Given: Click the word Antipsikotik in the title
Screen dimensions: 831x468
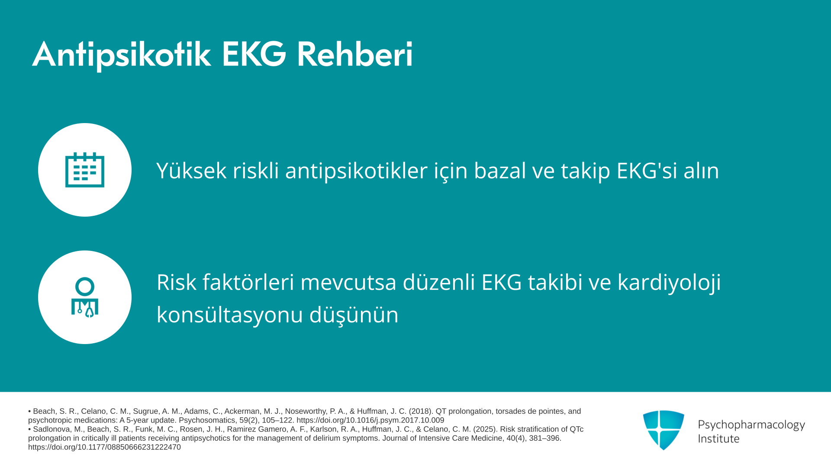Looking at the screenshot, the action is click(122, 55).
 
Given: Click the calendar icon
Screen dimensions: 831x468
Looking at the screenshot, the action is click(85, 170).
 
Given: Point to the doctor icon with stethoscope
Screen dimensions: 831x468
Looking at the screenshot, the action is click(85, 297).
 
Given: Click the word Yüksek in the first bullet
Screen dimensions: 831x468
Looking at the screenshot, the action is click(191, 170).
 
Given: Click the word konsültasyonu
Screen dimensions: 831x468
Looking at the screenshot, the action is click(229, 315).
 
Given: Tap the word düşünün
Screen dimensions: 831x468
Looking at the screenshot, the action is click(354, 315).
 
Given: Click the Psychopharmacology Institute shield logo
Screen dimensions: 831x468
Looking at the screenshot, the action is click(664, 430).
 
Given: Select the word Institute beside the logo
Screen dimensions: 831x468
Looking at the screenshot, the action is click(718, 439).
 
